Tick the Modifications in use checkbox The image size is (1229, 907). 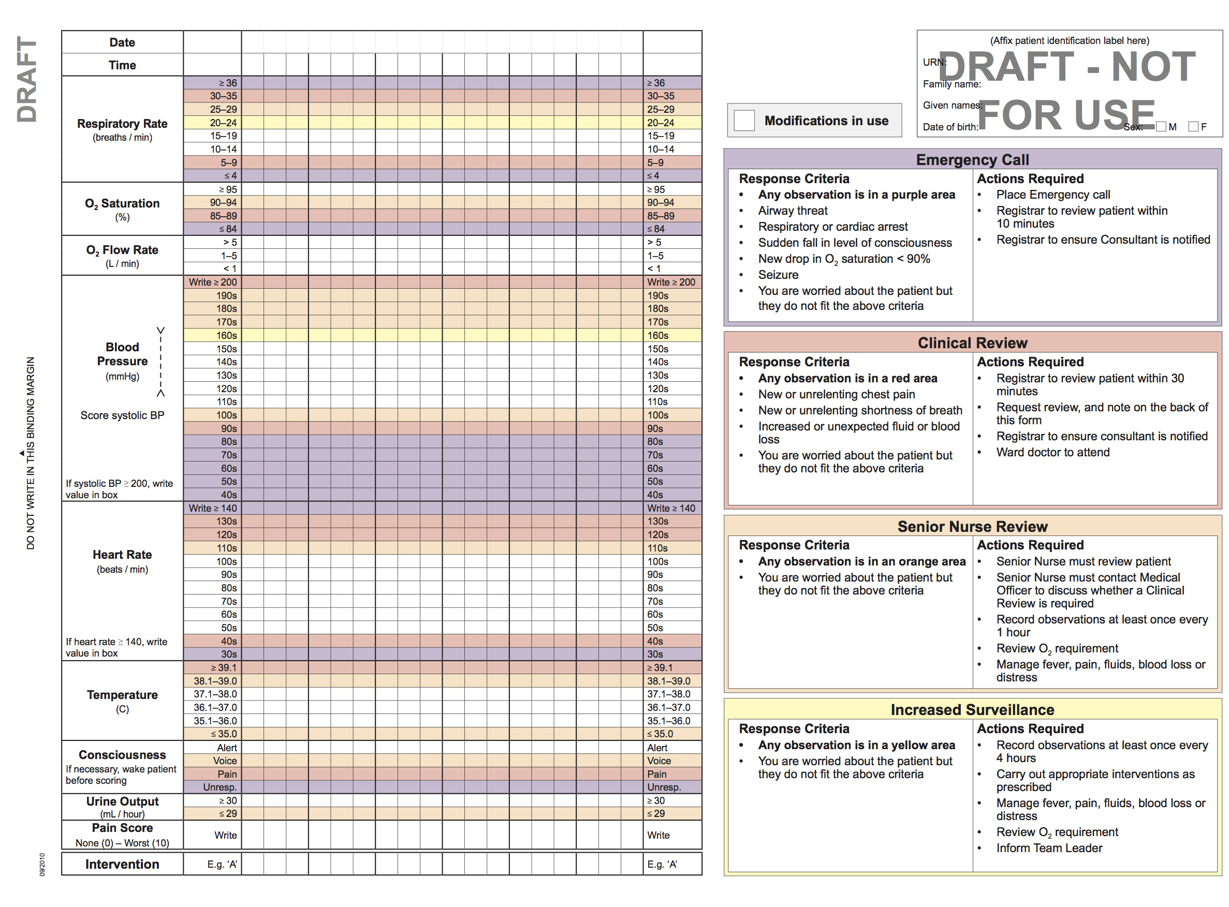point(744,120)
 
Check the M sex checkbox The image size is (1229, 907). point(1161,127)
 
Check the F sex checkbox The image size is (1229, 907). point(1193,127)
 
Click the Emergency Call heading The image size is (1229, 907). point(972,160)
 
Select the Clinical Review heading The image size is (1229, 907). point(972,343)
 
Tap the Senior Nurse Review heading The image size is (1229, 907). point(972,527)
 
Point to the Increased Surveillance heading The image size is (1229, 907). point(972,710)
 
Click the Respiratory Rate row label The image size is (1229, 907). point(122,124)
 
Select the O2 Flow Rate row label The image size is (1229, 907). point(122,250)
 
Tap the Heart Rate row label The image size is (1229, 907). point(122,555)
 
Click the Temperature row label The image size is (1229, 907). point(122,695)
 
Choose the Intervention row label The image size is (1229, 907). point(122,864)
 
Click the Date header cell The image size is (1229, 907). point(122,42)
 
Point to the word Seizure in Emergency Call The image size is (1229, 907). point(778,275)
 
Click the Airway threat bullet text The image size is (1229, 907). point(792,211)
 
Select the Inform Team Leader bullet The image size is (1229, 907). point(1049,848)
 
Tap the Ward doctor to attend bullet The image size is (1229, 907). point(1052,452)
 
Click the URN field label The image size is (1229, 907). point(933,63)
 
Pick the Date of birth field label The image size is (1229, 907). point(950,127)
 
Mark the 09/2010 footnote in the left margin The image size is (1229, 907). point(42,864)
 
